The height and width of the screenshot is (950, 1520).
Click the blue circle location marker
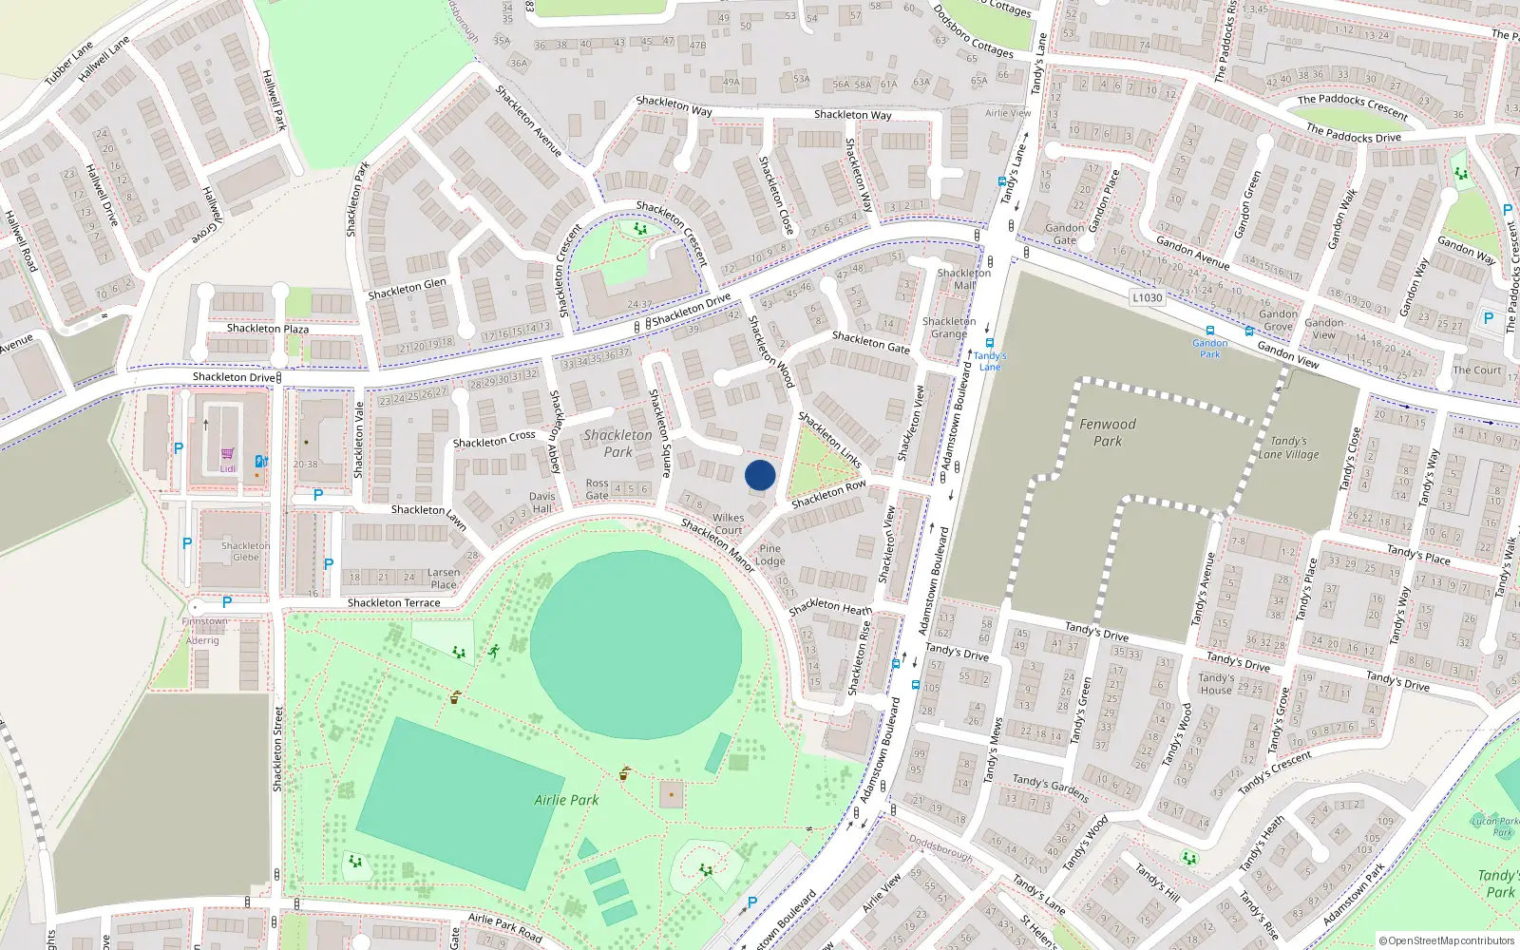point(760,475)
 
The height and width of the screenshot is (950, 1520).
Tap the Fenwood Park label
point(1108,432)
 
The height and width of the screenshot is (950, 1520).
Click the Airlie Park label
point(566,800)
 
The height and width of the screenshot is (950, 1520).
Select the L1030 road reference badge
point(1148,297)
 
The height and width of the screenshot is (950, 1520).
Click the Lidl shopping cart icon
point(227,454)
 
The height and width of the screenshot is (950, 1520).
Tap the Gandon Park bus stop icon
point(1209,331)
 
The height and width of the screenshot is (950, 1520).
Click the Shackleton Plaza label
point(267,329)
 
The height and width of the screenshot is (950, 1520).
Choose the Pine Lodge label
point(770,555)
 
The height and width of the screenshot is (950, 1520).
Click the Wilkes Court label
point(728,524)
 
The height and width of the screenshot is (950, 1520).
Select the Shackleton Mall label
point(963,278)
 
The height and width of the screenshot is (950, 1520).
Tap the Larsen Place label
point(444,579)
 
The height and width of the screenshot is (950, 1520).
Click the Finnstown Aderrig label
point(204,631)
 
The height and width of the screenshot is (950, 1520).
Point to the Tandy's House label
point(1216,684)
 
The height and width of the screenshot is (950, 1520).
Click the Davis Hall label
point(542,503)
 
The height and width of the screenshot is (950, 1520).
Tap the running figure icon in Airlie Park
point(493,651)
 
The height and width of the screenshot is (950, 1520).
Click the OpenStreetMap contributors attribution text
point(1446,940)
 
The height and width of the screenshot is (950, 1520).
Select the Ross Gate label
point(597,489)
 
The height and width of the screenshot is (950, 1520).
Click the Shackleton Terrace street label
point(393,603)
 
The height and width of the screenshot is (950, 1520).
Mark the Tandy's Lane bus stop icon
point(989,344)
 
